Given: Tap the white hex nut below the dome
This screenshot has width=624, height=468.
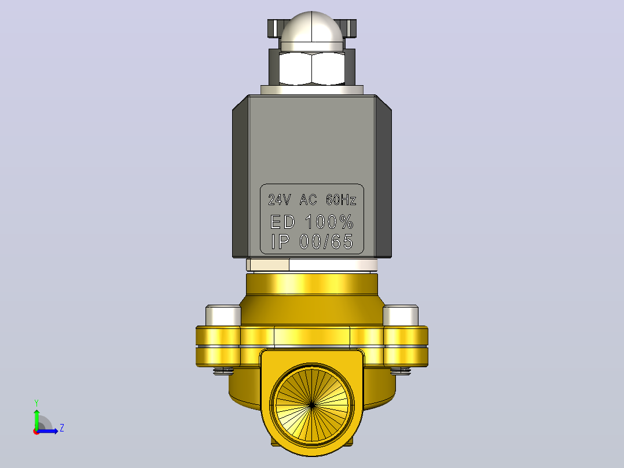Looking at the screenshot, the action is coord(311,68).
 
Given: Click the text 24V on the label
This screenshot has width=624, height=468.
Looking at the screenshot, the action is coord(280,200).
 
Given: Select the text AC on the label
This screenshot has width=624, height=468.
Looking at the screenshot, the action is coord(308,200).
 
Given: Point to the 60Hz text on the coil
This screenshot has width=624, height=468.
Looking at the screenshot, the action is coord(341,200).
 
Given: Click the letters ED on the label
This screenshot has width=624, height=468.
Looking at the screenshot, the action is coord(282,222).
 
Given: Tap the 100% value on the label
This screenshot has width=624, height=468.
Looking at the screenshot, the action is coord(329,222).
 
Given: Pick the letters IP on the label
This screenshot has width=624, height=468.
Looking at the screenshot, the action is coord(280,242).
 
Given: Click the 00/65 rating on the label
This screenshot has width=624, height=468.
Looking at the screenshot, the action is coord(326,242).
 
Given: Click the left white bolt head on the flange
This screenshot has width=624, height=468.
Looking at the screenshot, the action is coord(223,316).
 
